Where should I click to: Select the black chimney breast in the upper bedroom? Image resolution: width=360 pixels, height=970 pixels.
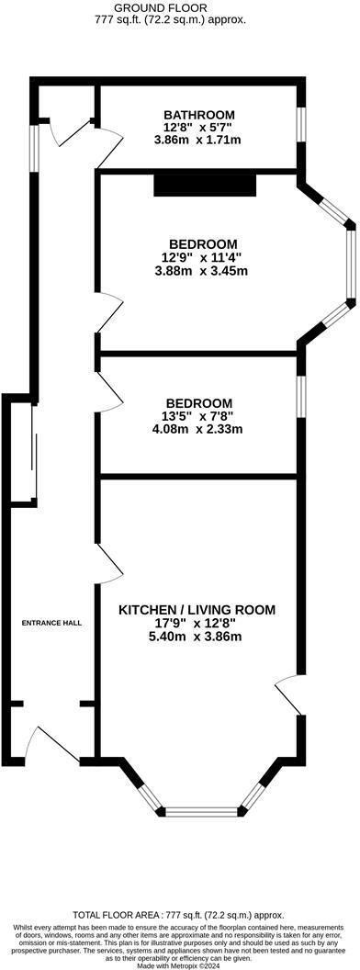pyautogui.click(x=204, y=186)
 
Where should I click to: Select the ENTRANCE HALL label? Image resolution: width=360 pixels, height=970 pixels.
pyautogui.click(x=52, y=623)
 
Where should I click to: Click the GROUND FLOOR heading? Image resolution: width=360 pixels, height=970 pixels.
pyautogui.click(x=179, y=6)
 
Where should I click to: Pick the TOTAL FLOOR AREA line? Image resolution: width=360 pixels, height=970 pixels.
pyautogui.click(x=179, y=915)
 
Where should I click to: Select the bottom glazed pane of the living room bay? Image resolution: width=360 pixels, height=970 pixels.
pyautogui.click(x=202, y=811)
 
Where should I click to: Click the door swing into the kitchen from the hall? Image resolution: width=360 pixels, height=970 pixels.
pyautogui.click(x=109, y=561)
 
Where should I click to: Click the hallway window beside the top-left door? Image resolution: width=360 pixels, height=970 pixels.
pyautogui.click(x=33, y=148)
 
